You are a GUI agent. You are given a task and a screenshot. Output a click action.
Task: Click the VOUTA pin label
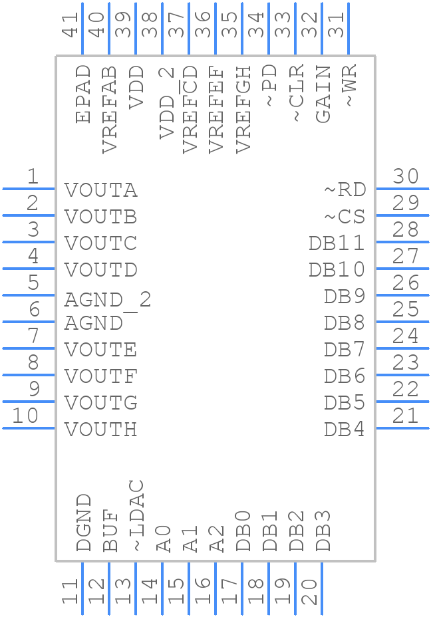point(101,190)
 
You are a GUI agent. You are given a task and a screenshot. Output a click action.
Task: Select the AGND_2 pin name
point(108,300)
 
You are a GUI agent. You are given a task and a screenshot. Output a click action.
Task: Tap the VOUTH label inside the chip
point(101,430)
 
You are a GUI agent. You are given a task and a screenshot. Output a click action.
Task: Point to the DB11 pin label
point(337,243)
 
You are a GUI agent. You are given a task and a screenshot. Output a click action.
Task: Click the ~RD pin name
point(345,190)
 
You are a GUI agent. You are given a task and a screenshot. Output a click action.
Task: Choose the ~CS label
point(345,217)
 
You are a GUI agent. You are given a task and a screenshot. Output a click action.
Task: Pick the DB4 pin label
point(345,430)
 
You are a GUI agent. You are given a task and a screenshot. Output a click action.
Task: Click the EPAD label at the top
point(83,94)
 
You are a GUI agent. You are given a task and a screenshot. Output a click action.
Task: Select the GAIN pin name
point(323,94)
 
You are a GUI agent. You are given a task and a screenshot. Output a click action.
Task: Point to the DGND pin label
point(83,523)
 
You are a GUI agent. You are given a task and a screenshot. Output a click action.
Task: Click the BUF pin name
point(110,531)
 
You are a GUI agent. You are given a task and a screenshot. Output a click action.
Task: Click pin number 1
point(33,177)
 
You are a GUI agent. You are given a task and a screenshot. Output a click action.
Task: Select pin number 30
point(405,177)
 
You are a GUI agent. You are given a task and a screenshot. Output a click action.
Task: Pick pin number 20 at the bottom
point(309,591)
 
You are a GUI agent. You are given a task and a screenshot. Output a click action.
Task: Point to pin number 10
point(26,416)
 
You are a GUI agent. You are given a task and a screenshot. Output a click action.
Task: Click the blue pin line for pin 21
point(402,428)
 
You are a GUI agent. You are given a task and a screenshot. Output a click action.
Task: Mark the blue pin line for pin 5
point(29,295)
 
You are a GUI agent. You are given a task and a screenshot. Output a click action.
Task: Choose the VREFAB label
point(110,110)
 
